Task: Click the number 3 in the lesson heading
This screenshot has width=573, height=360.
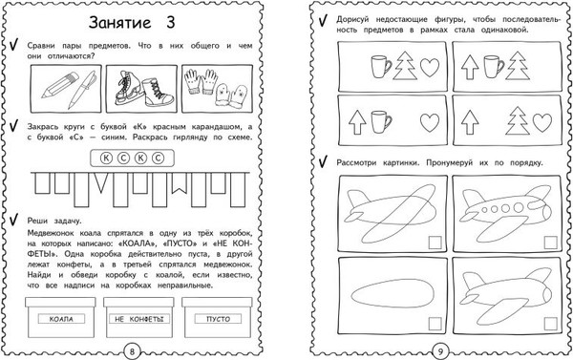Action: pos(170,22)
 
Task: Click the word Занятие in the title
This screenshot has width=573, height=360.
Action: pos(120,23)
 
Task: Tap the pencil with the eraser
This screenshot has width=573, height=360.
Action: pos(60,85)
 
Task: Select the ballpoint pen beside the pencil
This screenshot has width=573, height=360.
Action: pos(82,90)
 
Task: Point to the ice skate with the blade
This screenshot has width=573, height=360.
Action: pos(128,89)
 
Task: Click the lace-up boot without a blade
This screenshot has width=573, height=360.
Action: pos(158,93)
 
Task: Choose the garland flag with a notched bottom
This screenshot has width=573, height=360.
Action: pos(180,183)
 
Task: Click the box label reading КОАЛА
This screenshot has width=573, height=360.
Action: pos(61,319)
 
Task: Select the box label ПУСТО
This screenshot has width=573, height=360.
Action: pos(218,319)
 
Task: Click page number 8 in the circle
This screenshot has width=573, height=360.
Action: pos(133,351)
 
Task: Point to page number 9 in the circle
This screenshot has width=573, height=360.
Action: pos(440,351)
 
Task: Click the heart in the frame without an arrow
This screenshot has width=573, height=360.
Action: pos(430,67)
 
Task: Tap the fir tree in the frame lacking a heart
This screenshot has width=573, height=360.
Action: pos(517,66)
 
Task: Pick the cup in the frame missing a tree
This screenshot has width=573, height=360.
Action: pos(381,122)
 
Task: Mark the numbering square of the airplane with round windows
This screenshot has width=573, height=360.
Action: pos(551,243)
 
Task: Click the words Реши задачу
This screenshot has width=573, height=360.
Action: pos(54,221)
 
